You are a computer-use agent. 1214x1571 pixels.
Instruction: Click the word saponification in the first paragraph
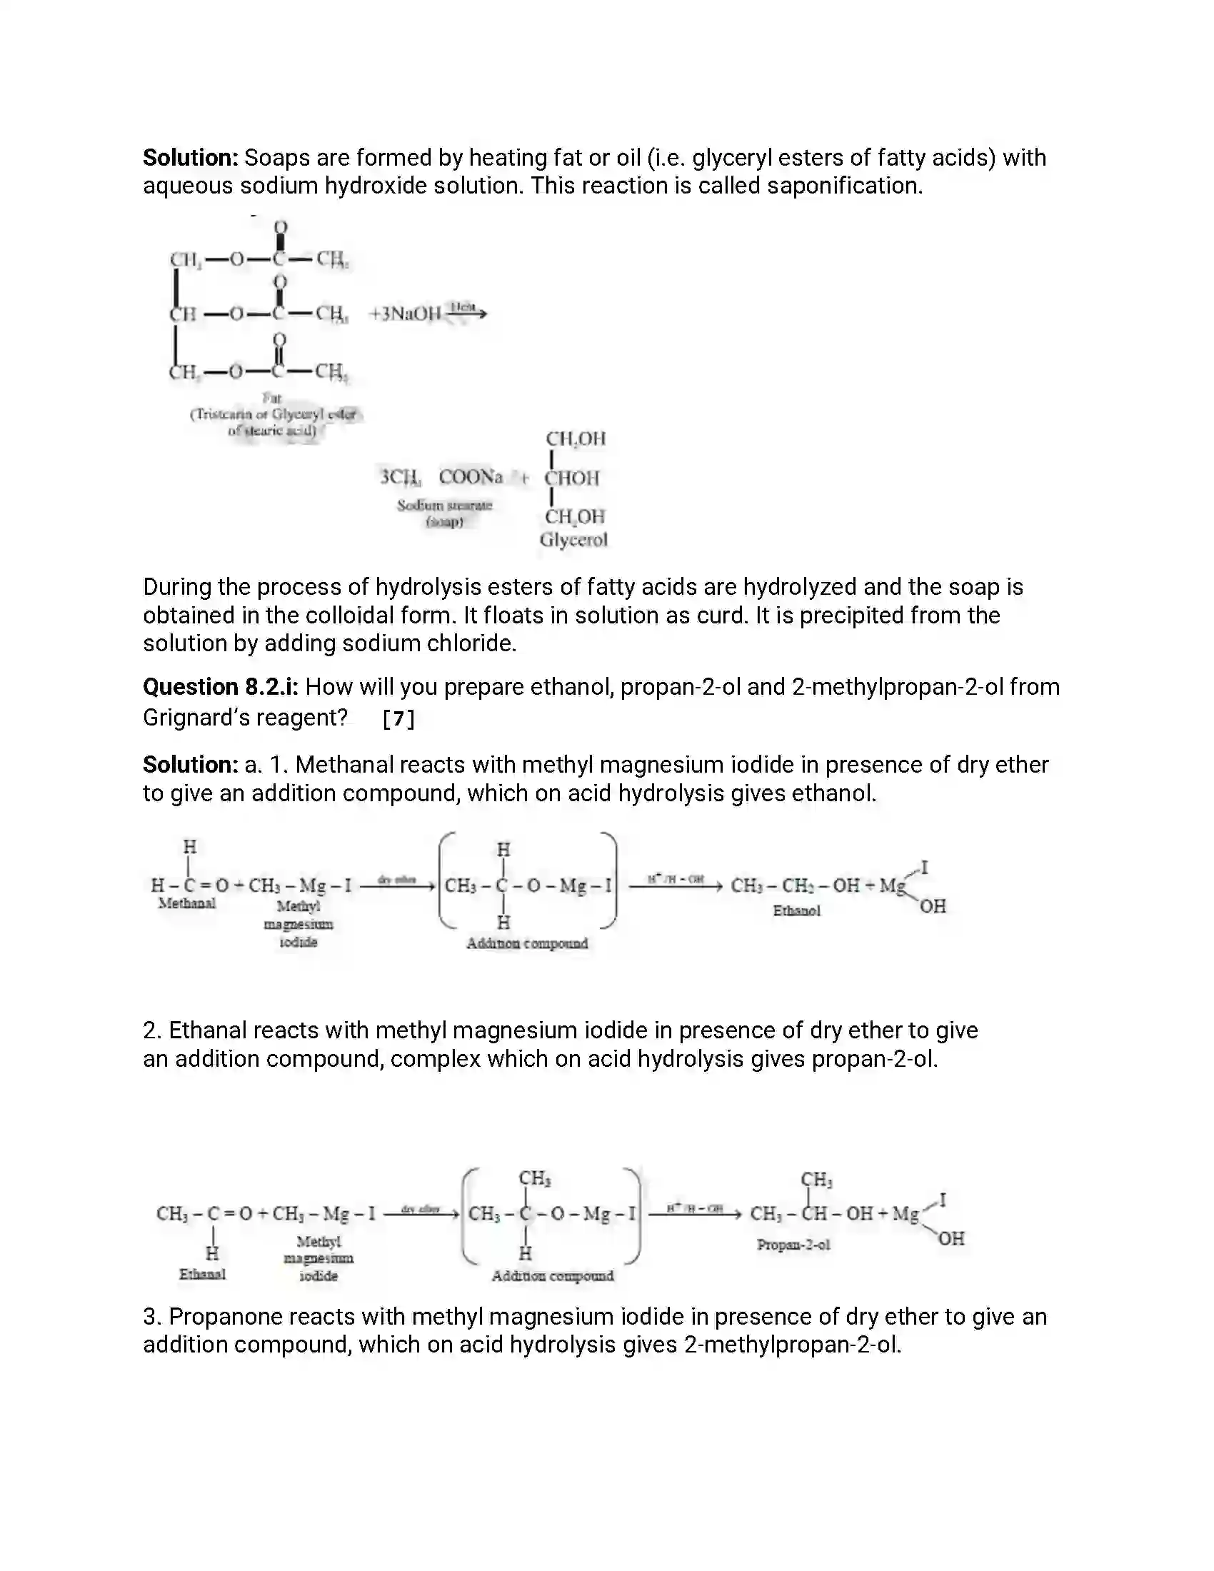[x=843, y=186]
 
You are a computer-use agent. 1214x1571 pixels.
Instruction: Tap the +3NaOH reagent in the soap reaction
[x=405, y=313]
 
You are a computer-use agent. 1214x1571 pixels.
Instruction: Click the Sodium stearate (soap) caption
[x=444, y=513]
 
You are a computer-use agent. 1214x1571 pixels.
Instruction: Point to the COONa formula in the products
[x=471, y=477]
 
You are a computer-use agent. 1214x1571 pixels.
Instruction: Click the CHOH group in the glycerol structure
[x=572, y=478]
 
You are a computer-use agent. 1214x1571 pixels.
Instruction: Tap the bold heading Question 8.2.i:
[x=220, y=687]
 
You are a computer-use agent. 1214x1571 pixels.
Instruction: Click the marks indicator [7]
[x=398, y=718]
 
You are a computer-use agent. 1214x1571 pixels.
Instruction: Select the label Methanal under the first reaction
[x=187, y=903]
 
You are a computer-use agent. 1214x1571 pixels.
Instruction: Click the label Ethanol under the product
[x=796, y=910]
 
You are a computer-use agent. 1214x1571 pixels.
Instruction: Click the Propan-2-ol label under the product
[x=793, y=1245]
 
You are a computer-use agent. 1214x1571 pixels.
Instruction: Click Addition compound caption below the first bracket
[x=526, y=943]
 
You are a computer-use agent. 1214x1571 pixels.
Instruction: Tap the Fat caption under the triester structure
[x=272, y=397]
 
